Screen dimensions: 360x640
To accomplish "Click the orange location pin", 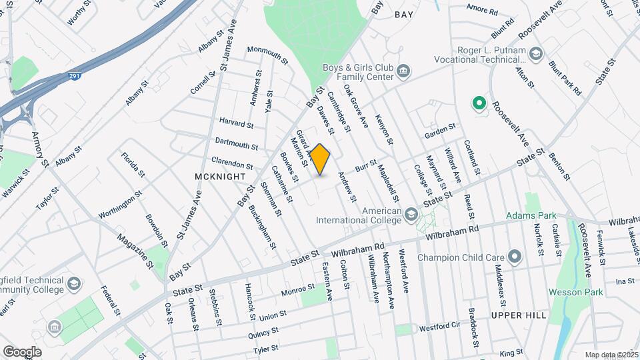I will pyautogui.click(x=321, y=159).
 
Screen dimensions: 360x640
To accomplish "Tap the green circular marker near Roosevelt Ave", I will pyautogui.click(x=478, y=103).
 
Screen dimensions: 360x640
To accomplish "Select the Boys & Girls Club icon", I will pyautogui.click(x=403, y=71).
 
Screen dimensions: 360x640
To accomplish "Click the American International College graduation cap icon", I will pyautogui.click(x=411, y=213).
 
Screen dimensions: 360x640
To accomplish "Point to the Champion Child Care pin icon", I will pyautogui.click(x=514, y=257).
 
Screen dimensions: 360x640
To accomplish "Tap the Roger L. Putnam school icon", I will pyautogui.click(x=535, y=53).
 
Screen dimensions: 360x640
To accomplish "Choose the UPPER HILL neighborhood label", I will pyautogui.click(x=519, y=315).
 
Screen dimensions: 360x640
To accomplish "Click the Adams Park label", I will pyautogui.click(x=531, y=216).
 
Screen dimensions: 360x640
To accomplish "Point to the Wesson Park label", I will pyautogui.click(x=575, y=292).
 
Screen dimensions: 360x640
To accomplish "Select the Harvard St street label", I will pyautogui.click(x=237, y=123).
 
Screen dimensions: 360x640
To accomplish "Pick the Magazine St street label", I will pyautogui.click(x=135, y=250).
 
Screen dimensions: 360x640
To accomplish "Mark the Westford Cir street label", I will pyautogui.click(x=439, y=328).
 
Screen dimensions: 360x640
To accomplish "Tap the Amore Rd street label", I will pyautogui.click(x=482, y=11).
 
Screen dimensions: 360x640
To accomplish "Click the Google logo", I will pyautogui.click(x=22, y=351).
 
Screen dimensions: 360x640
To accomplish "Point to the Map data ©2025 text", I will pyautogui.click(x=611, y=355).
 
